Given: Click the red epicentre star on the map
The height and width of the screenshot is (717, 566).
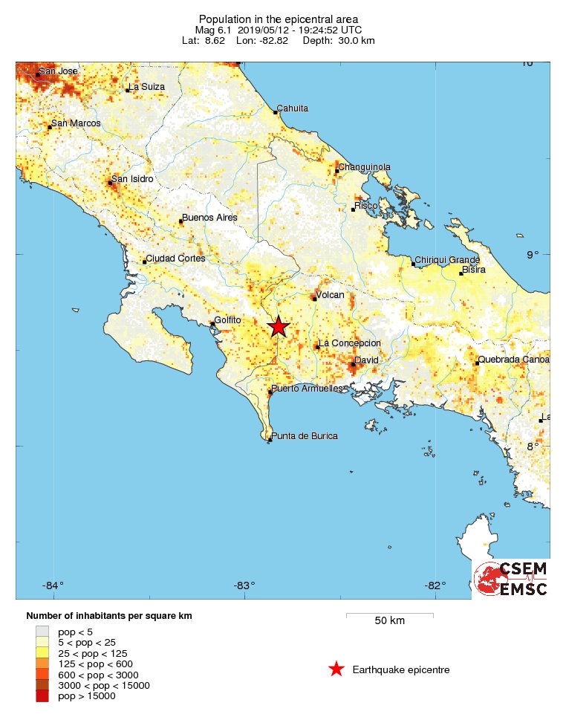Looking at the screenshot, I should pyautogui.click(x=279, y=327).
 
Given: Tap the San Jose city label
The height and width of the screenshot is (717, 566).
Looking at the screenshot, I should pyautogui.click(x=58, y=71).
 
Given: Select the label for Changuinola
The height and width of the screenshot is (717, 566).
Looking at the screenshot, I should pyautogui.click(x=364, y=167).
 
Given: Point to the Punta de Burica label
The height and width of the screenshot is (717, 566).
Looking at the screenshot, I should pyautogui.click(x=305, y=436).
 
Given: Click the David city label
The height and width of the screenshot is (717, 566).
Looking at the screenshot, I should pyautogui.click(x=367, y=360).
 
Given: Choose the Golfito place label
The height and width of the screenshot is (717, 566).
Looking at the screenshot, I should pyautogui.click(x=228, y=320).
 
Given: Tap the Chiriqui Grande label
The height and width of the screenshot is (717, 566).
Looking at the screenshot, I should pyautogui.click(x=446, y=260).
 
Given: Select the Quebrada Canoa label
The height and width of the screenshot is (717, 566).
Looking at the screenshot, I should pyautogui.click(x=514, y=360).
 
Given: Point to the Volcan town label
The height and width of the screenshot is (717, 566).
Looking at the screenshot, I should pyautogui.click(x=331, y=295).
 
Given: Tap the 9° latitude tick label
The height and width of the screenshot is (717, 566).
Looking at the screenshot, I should pyautogui.click(x=533, y=255).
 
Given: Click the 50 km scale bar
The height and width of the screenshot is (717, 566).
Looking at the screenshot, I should pyautogui.click(x=389, y=614).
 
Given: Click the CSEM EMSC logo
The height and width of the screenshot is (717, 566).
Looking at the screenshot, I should pyautogui.click(x=511, y=579).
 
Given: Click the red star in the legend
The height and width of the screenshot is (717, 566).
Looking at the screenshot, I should pyautogui.click(x=336, y=669).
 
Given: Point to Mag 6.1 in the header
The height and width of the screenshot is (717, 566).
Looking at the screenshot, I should pyautogui.click(x=212, y=30).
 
